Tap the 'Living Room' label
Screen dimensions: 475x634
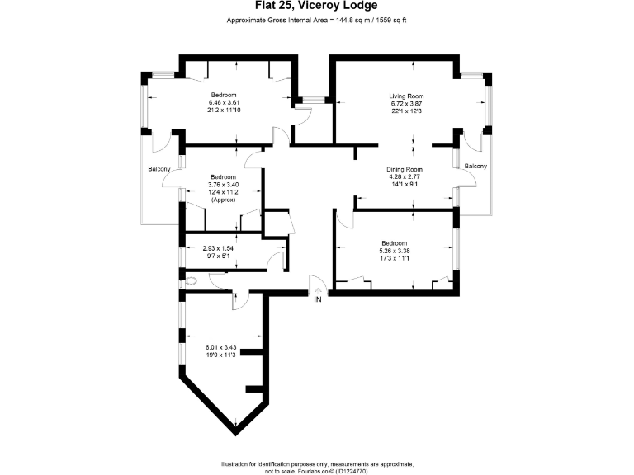pos(405,96)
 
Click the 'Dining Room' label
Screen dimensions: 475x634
pos(405,169)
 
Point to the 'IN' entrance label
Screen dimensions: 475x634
pos(317,299)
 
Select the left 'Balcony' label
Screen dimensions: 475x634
pos(159,169)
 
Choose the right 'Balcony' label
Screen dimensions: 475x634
pos(475,167)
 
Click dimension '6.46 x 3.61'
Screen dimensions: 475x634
pos(224,102)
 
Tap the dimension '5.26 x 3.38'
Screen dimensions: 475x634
pos(393,251)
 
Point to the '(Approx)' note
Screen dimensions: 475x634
pos(223,200)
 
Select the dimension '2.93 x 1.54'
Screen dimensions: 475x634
pos(219,248)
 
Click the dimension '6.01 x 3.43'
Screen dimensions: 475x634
pos(220,347)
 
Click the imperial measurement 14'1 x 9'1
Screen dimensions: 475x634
pos(405,184)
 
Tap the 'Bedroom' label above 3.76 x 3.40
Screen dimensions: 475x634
pos(223,177)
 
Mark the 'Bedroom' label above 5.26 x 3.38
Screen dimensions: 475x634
pos(393,243)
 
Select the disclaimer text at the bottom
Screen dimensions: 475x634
pos(316,467)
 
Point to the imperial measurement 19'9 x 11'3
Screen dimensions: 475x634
pos(220,355)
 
